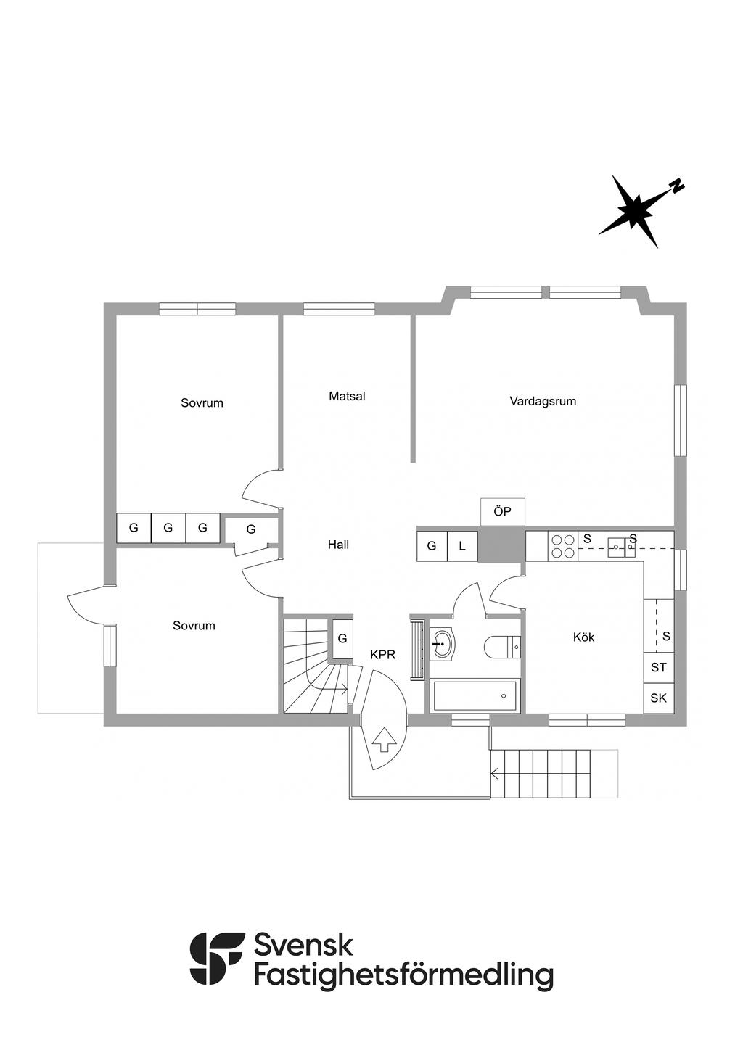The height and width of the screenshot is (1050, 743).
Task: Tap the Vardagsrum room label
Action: tap(543, 401)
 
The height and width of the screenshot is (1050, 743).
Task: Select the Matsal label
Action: tap(347, 397)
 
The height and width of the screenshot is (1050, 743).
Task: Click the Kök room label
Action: tap(583, 637)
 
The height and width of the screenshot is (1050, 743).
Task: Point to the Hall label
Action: tap(338, 545)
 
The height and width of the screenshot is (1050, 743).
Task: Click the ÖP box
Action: tap(502, 512)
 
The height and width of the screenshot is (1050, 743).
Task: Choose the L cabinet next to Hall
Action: tap(462, 546)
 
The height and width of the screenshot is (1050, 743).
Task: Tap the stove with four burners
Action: tap(563, 546)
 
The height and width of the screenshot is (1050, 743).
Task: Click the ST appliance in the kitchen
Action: tap(658, 667)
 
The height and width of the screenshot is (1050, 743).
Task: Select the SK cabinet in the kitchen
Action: tap(658, 698)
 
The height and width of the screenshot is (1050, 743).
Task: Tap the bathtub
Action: tap(475, 696)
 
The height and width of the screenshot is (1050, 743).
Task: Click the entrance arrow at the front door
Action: tap(385, 740)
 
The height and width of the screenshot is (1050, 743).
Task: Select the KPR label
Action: tap(382, 655)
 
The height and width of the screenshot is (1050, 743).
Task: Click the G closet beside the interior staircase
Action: tap(342, 639)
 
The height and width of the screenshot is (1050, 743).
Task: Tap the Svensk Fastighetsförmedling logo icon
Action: tap(216, 958)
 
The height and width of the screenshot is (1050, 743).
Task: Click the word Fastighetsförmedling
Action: tap(403, 975)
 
